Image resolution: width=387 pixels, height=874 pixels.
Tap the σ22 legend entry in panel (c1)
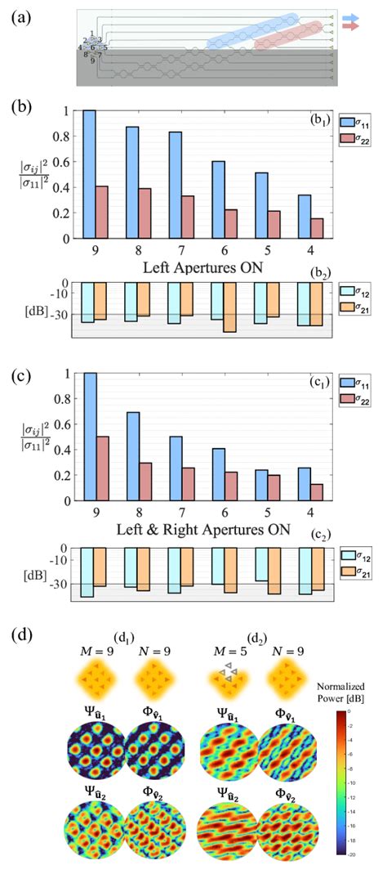[358, 400]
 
